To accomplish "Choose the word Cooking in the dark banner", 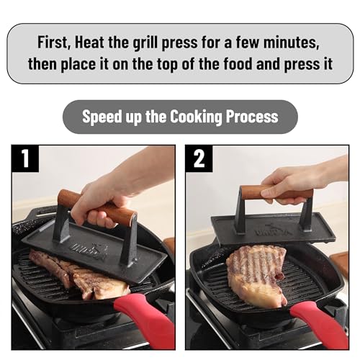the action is click(196, 117).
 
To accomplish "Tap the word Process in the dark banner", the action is click(252, 117).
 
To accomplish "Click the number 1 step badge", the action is click(25, 158).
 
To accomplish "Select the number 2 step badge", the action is click(199, 158).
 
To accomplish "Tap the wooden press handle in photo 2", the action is click(276, 192).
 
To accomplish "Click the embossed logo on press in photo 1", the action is click(90, 251).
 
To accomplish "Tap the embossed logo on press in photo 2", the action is click(274, 230).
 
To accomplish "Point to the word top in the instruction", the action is click(168, 65).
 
